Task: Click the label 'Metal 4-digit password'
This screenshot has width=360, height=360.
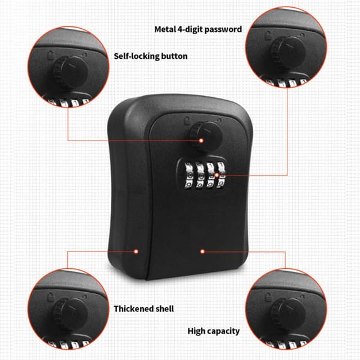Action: pyautogui.click(x=199, y=29)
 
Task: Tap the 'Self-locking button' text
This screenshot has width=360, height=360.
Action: pyautogui.click(x=151, y=56)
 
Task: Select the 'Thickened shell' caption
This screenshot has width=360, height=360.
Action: pyautogui.click(x=143, y=308)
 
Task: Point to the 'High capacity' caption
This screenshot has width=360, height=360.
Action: pyautogui.click(x=214, y=331)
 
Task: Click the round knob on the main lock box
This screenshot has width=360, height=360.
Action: pyautogui.click(x=198, y=133)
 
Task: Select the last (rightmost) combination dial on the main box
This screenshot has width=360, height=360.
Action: pyautogui.click(x=222, y=176)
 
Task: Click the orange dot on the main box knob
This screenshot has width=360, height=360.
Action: pyautogui.click(x=202, y=140)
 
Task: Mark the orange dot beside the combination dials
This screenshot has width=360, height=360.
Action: pyautogui.click(x=229, y=176)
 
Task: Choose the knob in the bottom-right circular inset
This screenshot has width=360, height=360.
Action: pyautogui.click(x=281, y=312)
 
